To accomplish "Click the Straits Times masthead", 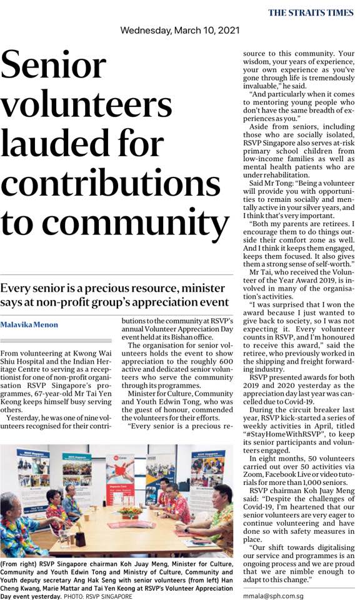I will tap(310, 12).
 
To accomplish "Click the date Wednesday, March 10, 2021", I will tap(179, 30).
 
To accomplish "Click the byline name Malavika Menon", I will tap(29, 325).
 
